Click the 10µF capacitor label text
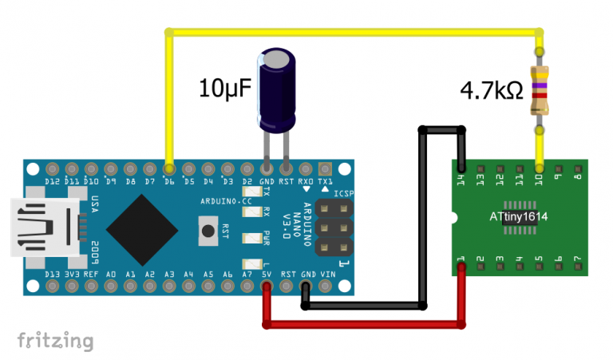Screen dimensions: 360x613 (225, 87)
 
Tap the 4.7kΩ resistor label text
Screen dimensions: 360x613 (491, 90)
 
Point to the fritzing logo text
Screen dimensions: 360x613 (55, 341)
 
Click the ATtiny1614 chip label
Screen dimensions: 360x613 (524, 216)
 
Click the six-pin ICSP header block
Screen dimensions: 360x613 (333, 228)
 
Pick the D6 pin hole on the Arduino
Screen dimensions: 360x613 (169, 169)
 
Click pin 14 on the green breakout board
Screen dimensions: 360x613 (461, 168)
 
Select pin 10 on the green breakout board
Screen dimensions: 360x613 (540, 168)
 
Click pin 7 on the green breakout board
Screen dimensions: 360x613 (579, 269)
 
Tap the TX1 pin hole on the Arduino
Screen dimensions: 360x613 (325, 169)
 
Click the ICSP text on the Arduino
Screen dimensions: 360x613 (346, 193)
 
